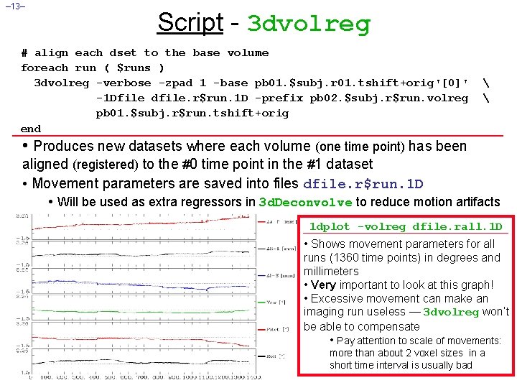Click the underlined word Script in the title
click(x=190, y=22)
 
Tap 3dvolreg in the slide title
click(x=309, y=24)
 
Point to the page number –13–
click(x=14, y=7)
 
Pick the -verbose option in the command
click(x=124, y=83)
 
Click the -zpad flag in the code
click(x=174, y=83)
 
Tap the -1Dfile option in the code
click(x=121, y=98)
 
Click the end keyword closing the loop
click(x=31, y=129)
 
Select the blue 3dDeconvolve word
click(x=305, y=203)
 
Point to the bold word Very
click(x=323, y=285)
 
